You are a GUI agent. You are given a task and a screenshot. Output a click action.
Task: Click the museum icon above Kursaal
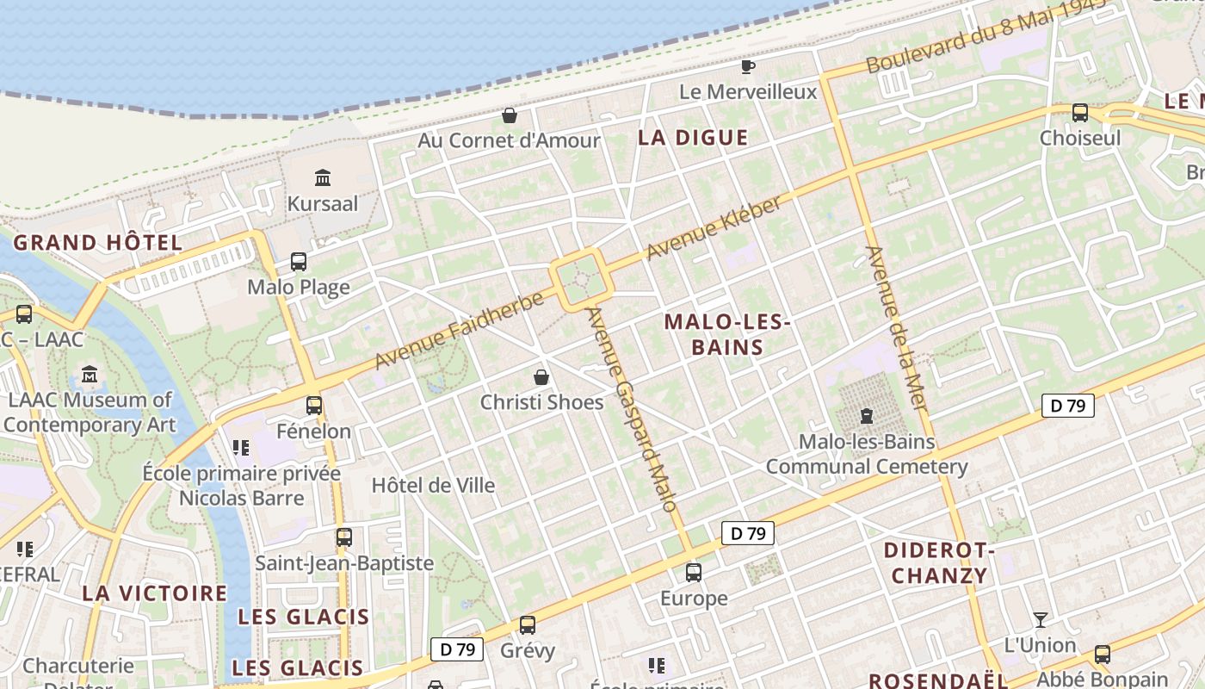click(x=323, y=178)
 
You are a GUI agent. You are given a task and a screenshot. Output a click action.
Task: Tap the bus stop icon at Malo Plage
click(x=299, y=262)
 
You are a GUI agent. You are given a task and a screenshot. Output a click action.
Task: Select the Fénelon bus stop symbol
click(x=314, y=405)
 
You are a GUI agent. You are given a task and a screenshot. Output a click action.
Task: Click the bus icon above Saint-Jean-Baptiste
click(x=344, y=537)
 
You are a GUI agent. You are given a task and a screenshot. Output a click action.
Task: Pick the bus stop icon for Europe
click(x=694, y=572)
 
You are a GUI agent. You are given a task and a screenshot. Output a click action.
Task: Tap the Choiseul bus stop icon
click(x=1079, y=113)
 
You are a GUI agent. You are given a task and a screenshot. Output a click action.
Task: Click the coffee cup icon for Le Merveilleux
click(x=748, y=66)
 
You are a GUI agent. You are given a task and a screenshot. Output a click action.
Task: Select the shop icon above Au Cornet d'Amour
click(x=510, y=115)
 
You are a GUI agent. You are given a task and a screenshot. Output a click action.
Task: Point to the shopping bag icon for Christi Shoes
click(x=541, y=377)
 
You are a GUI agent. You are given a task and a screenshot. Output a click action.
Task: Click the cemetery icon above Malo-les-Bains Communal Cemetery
click(x=867, y=417)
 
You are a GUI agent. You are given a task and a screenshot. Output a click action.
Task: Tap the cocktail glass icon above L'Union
click(x=1041, y=619)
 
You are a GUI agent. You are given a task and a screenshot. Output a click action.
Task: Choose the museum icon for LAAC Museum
click(x=90, y=375)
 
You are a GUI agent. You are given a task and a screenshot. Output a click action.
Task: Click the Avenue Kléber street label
click(x=714, y=228)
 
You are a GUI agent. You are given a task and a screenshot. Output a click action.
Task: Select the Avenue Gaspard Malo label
click(x=632, y=408)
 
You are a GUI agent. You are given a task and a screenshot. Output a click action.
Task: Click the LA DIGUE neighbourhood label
click(x=693, y=137)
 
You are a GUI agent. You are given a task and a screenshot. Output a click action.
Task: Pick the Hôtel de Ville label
click(x=433, y=485)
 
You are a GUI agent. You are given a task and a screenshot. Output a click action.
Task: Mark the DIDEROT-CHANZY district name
click(x=939, y=562)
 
